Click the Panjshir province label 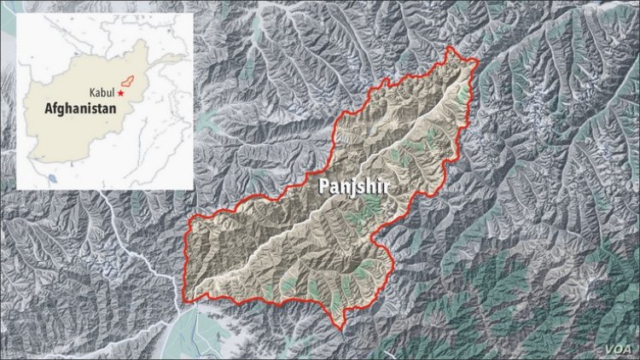352,188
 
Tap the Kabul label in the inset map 101,92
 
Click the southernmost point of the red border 340,329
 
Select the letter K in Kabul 90,92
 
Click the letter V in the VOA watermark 608,347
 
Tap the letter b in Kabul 105,92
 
